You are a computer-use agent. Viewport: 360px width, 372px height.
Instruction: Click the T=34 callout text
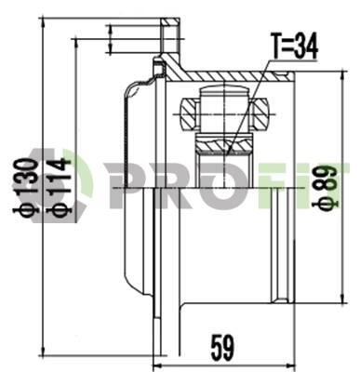click(294, 46)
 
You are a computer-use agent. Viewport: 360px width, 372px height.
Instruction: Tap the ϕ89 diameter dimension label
click(326, 188)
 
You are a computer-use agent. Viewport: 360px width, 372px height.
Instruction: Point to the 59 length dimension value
click(222, 348)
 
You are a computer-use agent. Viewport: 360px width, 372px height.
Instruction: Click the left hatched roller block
click(188, 113)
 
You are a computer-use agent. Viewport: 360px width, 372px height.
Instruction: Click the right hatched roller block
click(260, 113)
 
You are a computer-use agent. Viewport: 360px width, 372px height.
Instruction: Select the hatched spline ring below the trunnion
click(223, 144)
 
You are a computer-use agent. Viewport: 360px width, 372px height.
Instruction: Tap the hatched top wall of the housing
click(230, 76)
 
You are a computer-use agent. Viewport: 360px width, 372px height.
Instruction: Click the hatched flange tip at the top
click(169, 22)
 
